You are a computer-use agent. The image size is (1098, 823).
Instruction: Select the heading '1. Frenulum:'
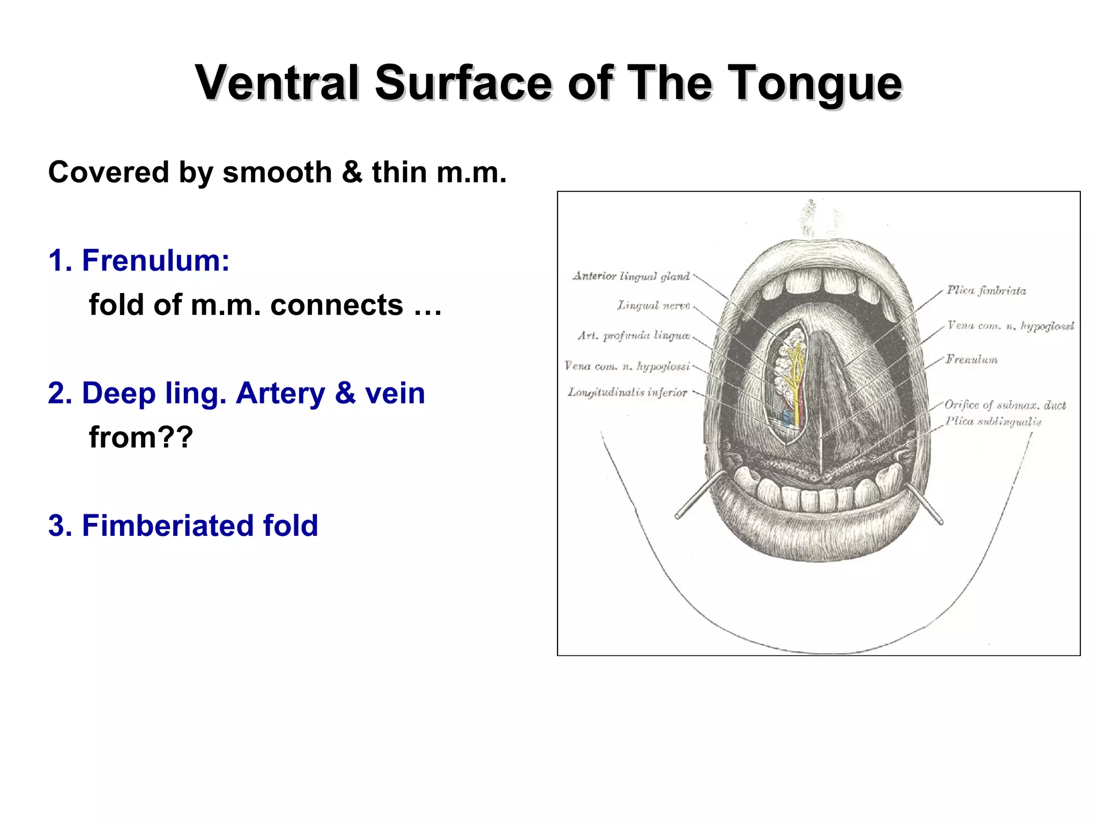(139, 260)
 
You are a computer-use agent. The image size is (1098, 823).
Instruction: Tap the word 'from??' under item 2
(140, 437)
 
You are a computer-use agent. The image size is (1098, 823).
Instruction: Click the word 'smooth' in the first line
(277, 173)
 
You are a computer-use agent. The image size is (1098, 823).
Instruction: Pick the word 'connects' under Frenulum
(336, 305)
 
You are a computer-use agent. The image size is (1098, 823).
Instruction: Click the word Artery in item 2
(280, 393)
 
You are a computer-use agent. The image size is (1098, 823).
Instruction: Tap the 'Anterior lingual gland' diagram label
(631, 276)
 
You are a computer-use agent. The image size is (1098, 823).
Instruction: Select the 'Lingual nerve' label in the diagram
(654, 306)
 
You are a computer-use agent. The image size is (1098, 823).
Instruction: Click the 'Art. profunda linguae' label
(634, 336)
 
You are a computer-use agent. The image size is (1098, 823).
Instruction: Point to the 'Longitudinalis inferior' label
(627, 393)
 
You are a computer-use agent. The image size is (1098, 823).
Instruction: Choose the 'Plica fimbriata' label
(986, 291)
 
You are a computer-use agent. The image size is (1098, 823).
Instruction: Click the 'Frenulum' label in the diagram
(971, 360)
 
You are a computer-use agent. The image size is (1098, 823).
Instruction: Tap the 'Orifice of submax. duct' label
(1005, 405)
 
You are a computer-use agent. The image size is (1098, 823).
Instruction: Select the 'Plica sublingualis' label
(993, 422)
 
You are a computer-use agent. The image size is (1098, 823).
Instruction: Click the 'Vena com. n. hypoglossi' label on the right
(1011, 326)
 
